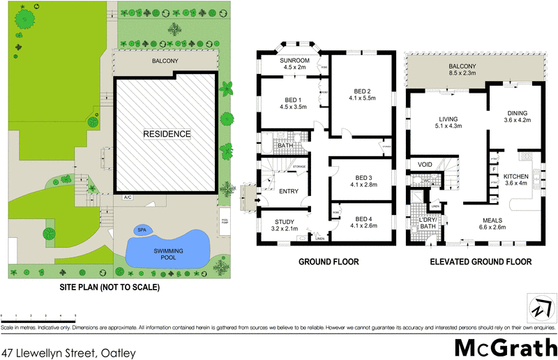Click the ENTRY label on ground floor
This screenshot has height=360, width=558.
coord(288,191)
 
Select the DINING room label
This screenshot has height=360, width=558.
coord(518,113)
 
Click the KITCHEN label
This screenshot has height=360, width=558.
coord(518,177)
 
